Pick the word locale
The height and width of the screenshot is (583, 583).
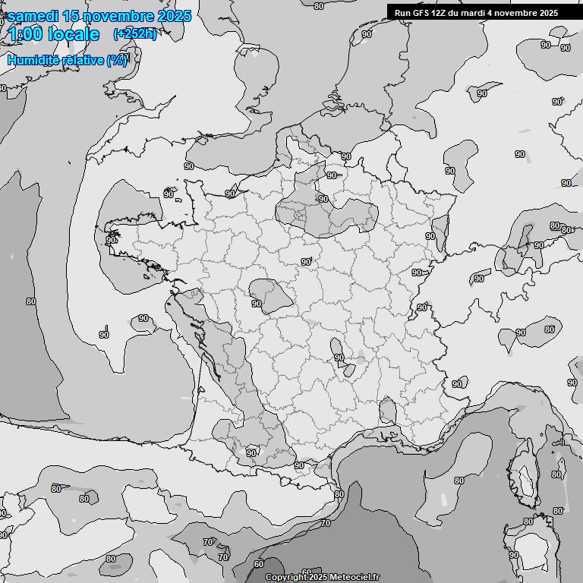[74, 34]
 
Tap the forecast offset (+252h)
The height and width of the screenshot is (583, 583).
[134, 33]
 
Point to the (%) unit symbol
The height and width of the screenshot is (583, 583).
[117, 60]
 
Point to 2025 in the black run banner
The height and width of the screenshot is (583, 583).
[547, 12]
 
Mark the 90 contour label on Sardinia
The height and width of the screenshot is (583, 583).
[514, 555]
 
